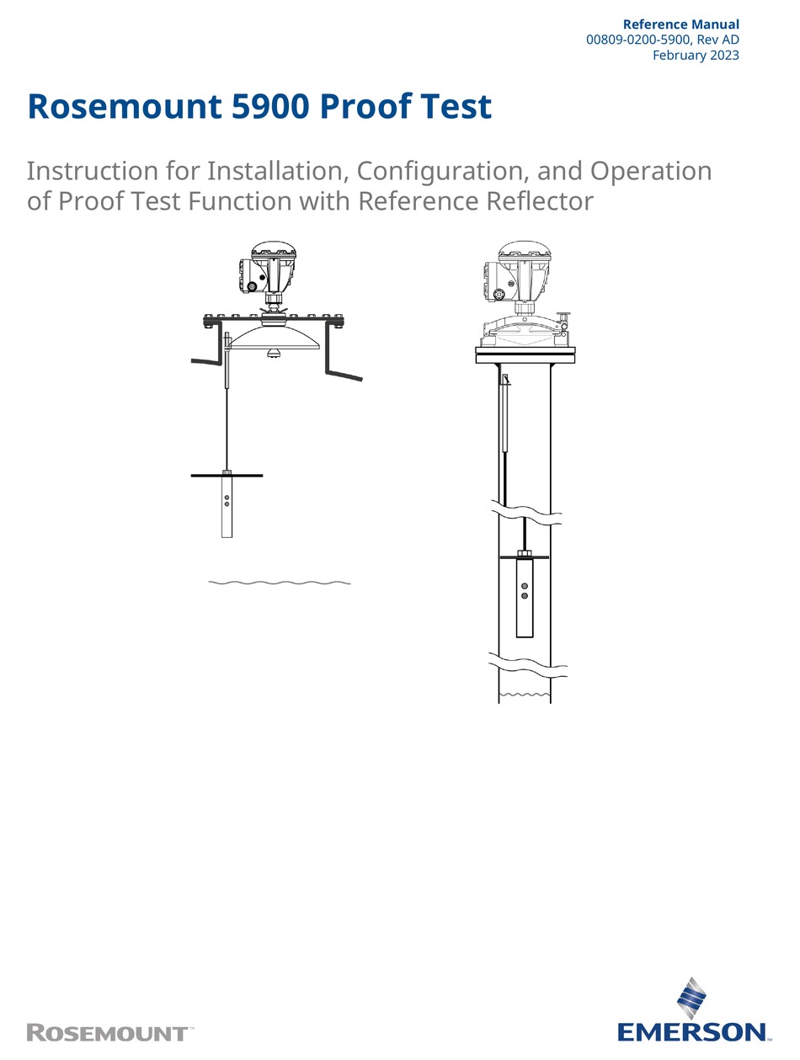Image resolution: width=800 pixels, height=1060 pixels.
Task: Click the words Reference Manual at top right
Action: coord(680,24)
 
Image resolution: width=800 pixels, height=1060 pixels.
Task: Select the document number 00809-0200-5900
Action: coord(640,40)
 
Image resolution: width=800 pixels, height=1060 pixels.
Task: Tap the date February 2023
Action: coord(696,56)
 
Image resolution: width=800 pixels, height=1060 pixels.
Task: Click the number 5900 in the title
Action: coord(270,108)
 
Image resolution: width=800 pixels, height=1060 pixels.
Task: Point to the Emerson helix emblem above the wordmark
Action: coord(693,999)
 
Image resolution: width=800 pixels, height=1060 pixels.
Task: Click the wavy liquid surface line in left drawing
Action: coord(279,582)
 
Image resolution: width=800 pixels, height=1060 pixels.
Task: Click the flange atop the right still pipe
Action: coord(525,354)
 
